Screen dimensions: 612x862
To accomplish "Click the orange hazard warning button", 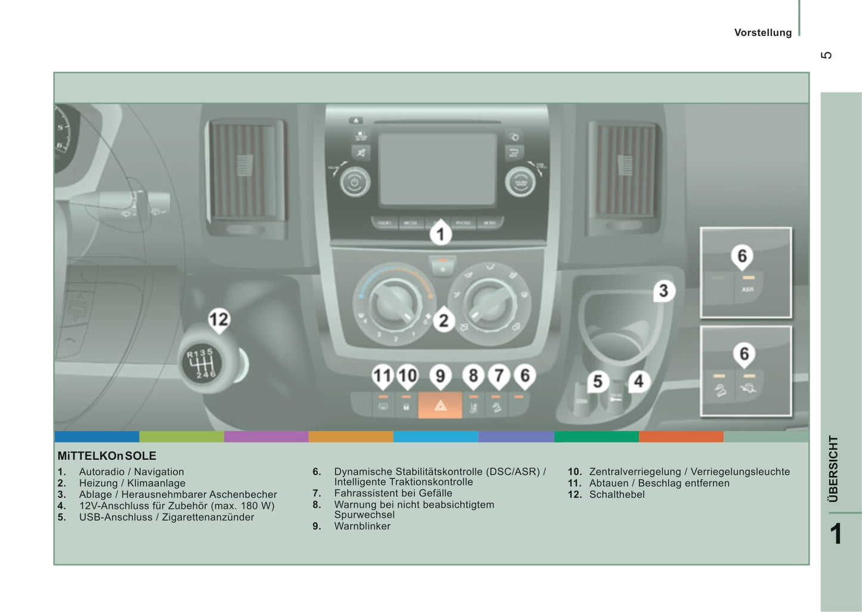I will (440, 405).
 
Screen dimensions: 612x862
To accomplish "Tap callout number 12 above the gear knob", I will (218, 320).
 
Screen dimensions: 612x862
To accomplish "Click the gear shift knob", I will (204, 363).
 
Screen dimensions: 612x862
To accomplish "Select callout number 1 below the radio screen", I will (441, 233).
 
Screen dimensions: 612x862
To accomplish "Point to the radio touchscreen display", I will (437, 168).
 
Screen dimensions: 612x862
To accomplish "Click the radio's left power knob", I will (354, 182).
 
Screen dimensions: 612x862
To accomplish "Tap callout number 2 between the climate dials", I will (443, 321).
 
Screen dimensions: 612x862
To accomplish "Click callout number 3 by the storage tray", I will (663, 291).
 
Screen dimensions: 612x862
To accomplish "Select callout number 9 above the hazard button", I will (440, 376).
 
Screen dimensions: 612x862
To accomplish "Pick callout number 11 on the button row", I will (382, 376).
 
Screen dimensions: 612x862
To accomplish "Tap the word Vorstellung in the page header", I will (762, 33).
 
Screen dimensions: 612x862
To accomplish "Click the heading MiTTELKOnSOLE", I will (107, 456).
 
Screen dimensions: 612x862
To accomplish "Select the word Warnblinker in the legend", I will (362, 526).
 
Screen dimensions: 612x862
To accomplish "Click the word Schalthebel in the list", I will (617, 494).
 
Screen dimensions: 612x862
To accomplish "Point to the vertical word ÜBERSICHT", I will (833, 468).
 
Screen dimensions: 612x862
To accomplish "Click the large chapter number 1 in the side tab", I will (836, 534).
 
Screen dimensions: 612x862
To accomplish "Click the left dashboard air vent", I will (245, 170).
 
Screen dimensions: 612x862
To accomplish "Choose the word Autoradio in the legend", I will (101, 472).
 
